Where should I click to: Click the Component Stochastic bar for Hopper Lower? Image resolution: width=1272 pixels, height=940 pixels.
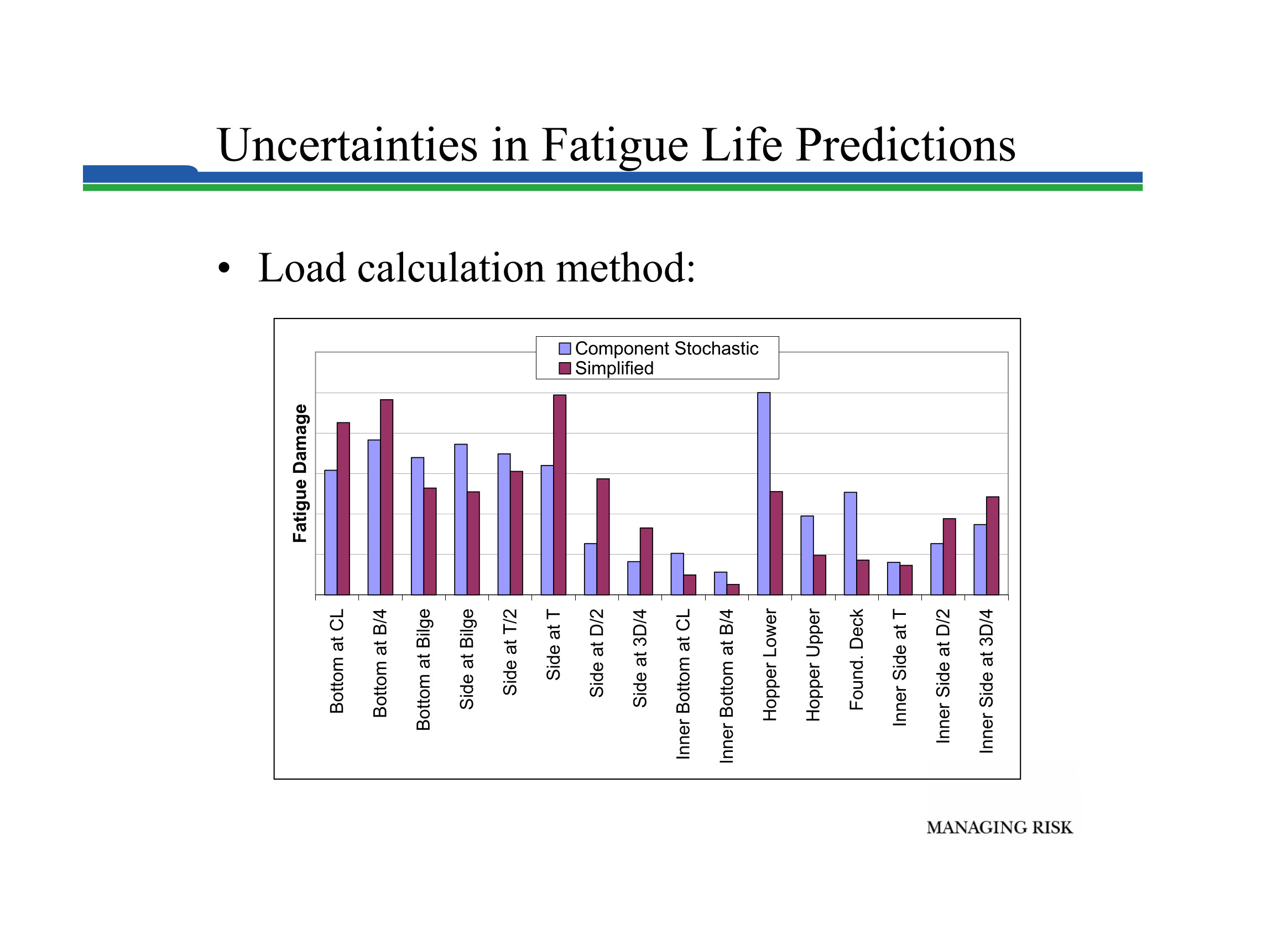tap(764, 493)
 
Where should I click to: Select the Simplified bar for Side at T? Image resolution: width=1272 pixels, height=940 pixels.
tap(560, 494)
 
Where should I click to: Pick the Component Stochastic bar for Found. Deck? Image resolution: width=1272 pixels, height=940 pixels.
tap(850, 544)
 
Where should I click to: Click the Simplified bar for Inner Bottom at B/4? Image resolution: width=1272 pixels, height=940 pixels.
tap(733, 589)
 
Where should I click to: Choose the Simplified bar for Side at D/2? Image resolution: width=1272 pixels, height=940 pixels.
tap(603, 536)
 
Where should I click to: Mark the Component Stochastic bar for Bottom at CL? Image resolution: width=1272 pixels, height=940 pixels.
tap(331, 532)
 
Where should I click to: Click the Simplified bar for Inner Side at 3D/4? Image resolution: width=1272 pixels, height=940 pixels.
tap(993, 546)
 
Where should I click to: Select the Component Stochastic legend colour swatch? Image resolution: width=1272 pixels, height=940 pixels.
tap(565, 348)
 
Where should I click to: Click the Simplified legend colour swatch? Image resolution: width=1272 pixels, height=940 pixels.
tap(565, 368)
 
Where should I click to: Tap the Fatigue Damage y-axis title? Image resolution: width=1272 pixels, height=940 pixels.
tap(299, 473)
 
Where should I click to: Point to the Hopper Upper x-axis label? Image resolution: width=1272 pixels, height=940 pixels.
tap(813, 665)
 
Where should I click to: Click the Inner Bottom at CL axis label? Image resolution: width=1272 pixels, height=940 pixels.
tap(683, 684)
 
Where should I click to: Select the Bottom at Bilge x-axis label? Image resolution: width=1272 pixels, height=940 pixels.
tap(423, 669)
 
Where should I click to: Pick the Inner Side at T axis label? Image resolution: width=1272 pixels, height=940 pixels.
tap(899, 667)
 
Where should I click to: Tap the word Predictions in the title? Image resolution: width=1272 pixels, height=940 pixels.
tap(905, 145)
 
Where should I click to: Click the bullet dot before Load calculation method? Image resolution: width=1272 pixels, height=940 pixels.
tap(224, 268)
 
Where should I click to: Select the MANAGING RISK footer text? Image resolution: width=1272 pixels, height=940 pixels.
tap(999, 827)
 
